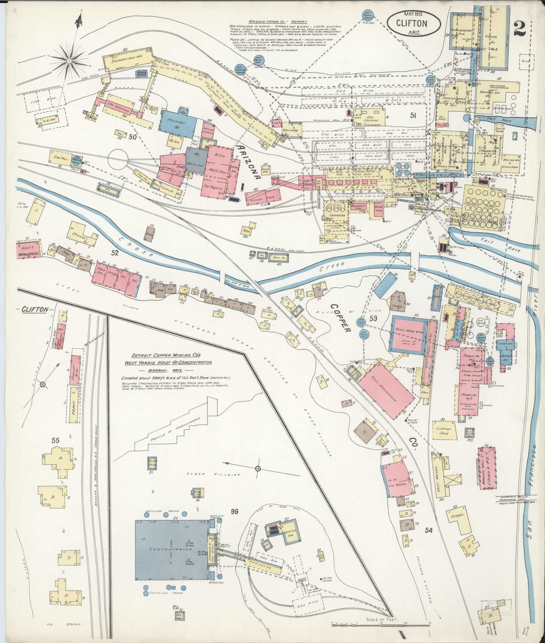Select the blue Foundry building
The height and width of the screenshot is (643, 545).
(x=178, y=123)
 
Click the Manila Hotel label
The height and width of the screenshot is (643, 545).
(x=26, y=255)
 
